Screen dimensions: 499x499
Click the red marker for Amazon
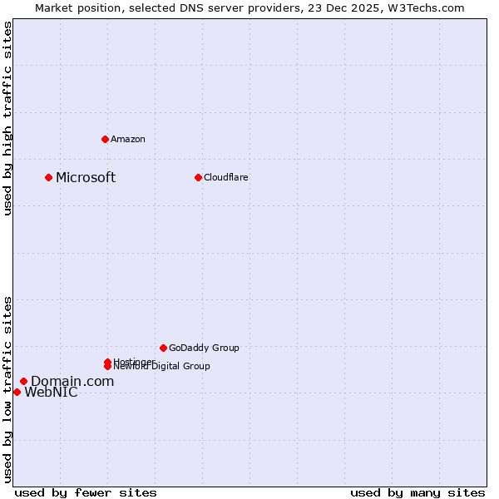coord(105,139)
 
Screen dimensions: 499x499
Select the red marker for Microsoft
coord(49,177)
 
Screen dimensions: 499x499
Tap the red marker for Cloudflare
coord(198,177)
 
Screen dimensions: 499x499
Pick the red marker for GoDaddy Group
coord(163,348)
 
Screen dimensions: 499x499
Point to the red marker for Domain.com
coord(23,381)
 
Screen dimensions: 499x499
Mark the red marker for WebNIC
coord(17,392)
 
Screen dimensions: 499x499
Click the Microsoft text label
coord(86,177)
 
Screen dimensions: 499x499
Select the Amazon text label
coord(128,139)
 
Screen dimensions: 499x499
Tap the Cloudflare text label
coord(226,177)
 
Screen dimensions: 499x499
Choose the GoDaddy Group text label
coord(204,348)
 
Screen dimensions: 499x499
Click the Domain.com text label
coord(72,381)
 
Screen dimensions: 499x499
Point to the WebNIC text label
coord(51,393)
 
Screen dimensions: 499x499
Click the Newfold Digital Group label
coord(162,367)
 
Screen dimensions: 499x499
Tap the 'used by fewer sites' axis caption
coord(86,492)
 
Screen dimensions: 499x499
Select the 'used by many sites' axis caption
coord(417,492)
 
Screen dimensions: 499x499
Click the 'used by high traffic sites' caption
coord(8,118)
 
